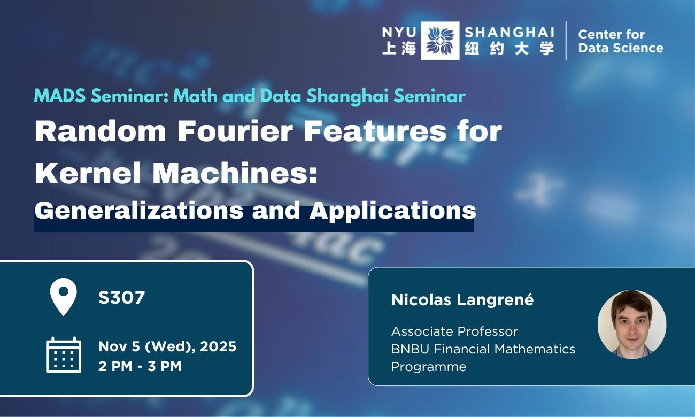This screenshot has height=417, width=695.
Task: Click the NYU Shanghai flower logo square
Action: (x=439, y=41)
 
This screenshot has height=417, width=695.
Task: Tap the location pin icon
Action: (x=63, y=297)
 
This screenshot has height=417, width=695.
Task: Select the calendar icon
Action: (x=64, y=354)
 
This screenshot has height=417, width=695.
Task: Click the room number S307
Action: (x=121, y=298)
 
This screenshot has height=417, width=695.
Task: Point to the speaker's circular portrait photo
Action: (x=631, y=325)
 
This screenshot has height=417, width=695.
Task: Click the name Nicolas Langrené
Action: (x=462, y=300)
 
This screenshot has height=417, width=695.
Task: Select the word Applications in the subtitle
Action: (x=392, y=211)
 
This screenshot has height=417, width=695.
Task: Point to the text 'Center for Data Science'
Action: (x=620, y=41)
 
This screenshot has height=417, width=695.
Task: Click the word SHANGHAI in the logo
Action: (x=509, y=32)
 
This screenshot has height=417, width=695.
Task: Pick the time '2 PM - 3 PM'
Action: (x=140, y=366)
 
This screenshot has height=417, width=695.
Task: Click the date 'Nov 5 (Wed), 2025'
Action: (x=167, y=346)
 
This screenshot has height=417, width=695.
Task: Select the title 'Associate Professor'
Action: (x=454, y=331)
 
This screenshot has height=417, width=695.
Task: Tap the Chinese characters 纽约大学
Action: (x=509, y=49)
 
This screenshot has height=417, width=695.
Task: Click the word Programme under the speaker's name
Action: (x=428, y=367)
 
